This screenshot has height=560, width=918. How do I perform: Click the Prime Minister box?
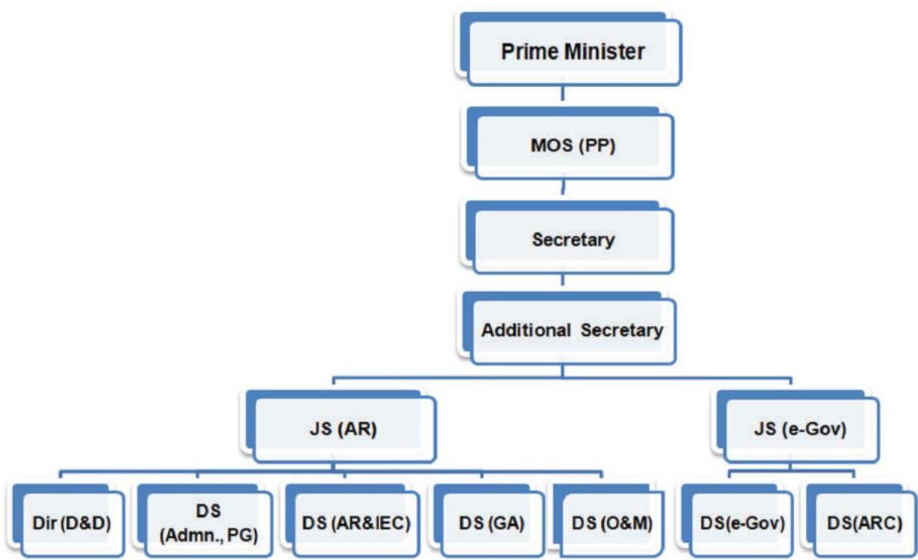coord(573,51)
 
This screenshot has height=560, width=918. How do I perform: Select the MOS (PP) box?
coord(573,145)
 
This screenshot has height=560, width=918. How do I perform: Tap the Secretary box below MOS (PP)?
coord(573,240)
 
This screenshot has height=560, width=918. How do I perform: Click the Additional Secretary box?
coord(573,331)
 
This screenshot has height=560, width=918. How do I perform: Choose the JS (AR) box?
coord(345,429)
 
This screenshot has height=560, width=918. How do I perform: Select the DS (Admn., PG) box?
coord(208,523)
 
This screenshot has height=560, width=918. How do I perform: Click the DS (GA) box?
coord(491,523)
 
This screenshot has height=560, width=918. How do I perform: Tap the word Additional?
coord(526,331)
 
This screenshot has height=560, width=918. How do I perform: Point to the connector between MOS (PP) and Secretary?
coord(561,189)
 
